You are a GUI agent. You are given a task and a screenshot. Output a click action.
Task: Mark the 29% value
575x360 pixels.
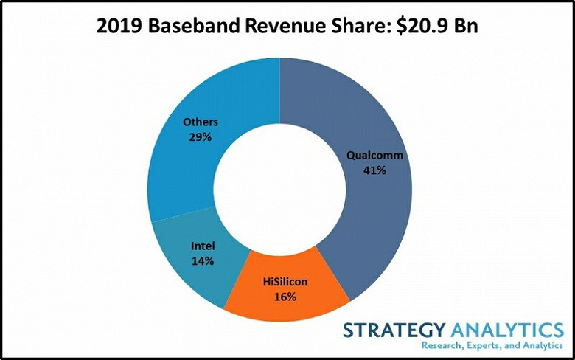[199, 138]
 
